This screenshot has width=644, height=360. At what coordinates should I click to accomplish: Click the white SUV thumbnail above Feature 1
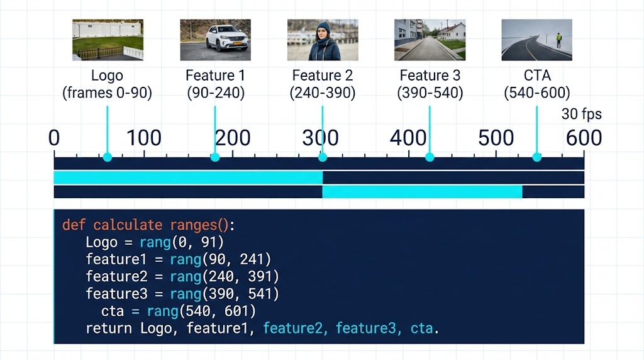[215, 40]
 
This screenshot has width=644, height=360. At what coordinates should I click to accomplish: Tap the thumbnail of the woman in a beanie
[323, 40]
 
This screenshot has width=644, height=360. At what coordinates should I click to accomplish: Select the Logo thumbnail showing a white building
[108, 40]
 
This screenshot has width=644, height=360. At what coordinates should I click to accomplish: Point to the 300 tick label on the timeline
[320, 138]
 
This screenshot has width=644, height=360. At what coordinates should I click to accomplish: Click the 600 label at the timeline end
[583, 138]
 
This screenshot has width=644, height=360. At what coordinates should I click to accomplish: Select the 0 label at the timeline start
[55, 138]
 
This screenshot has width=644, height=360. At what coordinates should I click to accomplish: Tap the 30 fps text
[581, 115]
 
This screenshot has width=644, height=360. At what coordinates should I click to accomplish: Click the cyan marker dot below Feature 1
[215, 157]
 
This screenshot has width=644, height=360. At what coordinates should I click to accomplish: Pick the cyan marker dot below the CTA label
[537, 157]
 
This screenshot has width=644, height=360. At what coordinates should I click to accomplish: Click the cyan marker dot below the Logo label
[108, 157]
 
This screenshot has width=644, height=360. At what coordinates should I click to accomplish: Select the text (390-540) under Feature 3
[430, 94]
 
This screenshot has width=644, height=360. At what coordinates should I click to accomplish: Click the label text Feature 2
[323, 76]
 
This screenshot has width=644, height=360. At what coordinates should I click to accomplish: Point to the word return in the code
[109, 328]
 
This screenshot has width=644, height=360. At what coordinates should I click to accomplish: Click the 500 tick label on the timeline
[496, 138]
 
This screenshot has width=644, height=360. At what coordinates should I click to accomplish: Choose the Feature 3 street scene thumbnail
[430, 40]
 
